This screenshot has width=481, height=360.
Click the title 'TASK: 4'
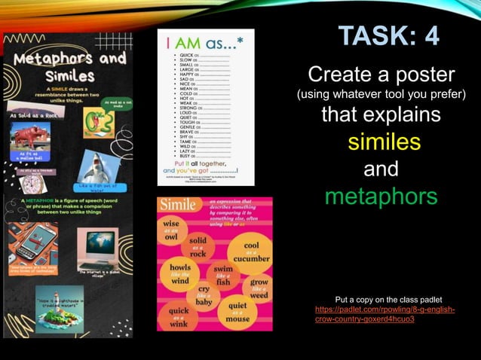pos(388,35)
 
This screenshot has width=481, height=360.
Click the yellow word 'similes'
pos(384,142)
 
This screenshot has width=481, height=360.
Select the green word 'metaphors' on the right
pos(381,197)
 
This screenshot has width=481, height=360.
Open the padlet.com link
pos(384,314)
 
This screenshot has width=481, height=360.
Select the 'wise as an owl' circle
pos(171,229)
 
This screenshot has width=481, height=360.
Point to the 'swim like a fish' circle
pos(222,276)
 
